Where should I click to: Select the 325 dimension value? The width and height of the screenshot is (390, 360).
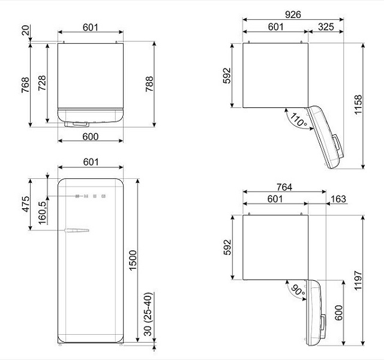[x=325, y=26]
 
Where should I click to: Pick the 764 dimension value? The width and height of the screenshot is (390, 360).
[x=284, y=188]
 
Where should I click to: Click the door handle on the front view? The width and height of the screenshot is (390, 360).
[x=77, y=230]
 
